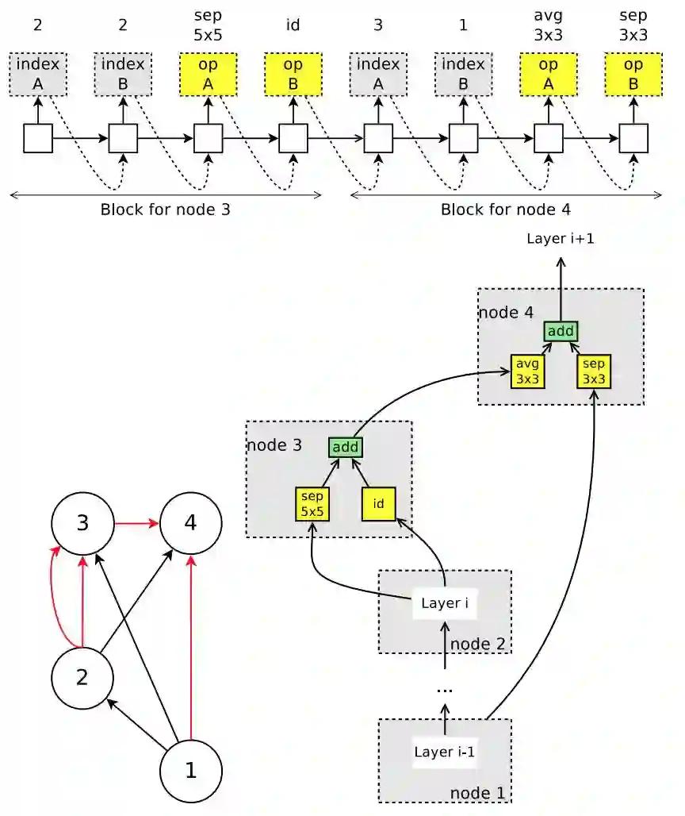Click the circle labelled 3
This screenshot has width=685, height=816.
point(82,524)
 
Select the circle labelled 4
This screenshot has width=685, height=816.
point(191,524)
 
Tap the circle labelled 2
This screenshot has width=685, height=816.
point(82,677)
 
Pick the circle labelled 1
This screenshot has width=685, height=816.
point(191,770)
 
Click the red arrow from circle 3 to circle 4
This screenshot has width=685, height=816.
point(136,524)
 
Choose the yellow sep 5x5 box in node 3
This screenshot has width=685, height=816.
point(312,504)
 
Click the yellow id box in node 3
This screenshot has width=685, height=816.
point(378,504)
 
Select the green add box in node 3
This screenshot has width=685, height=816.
point(346,448)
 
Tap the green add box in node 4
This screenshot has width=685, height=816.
point(561,331)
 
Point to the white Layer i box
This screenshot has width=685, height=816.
point(445,603)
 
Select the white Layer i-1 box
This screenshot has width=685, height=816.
point(445,752)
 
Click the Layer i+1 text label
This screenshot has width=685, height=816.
point(561,237)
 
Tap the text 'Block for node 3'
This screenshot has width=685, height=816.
point(165,210)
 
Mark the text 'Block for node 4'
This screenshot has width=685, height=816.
point(506,210)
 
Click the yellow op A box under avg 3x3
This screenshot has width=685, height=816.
point(548,75)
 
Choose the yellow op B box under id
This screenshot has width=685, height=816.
point(293,75)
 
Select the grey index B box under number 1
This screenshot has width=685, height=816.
point(463,75)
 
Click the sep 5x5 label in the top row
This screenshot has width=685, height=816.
point(207,24)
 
